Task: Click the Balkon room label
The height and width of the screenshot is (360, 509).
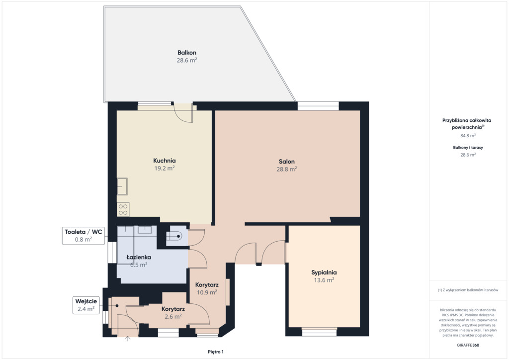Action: click(187, 53)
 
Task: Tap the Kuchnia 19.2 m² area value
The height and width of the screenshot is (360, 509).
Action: click(165, 168)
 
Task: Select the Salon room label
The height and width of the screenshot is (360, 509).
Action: click(287, 161)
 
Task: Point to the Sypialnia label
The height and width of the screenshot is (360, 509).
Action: click(324, 272)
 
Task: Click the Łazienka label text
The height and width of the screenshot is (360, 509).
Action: click(139, 257)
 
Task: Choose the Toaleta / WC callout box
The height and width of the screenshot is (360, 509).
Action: click(84, 236)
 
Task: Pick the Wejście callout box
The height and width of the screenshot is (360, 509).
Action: click(86, 305)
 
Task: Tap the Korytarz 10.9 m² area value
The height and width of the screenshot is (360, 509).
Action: click(207, 292)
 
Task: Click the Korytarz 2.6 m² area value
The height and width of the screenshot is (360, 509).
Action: click(173, 317)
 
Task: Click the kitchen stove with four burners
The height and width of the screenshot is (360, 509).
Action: click(123, 209)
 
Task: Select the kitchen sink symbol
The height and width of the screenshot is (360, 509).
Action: click(122, 186)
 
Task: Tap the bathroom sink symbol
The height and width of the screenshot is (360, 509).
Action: click(145, 230)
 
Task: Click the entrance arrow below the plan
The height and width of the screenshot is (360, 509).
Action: click(128, 339)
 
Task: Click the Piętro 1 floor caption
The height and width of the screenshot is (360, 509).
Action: click(216, 352)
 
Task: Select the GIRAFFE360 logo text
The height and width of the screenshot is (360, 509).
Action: click(468, 345)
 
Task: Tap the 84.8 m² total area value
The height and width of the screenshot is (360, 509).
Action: click(468, 136)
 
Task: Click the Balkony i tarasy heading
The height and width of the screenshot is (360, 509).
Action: click(468, 147)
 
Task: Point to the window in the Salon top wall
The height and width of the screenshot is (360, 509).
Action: click(318, 106)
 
